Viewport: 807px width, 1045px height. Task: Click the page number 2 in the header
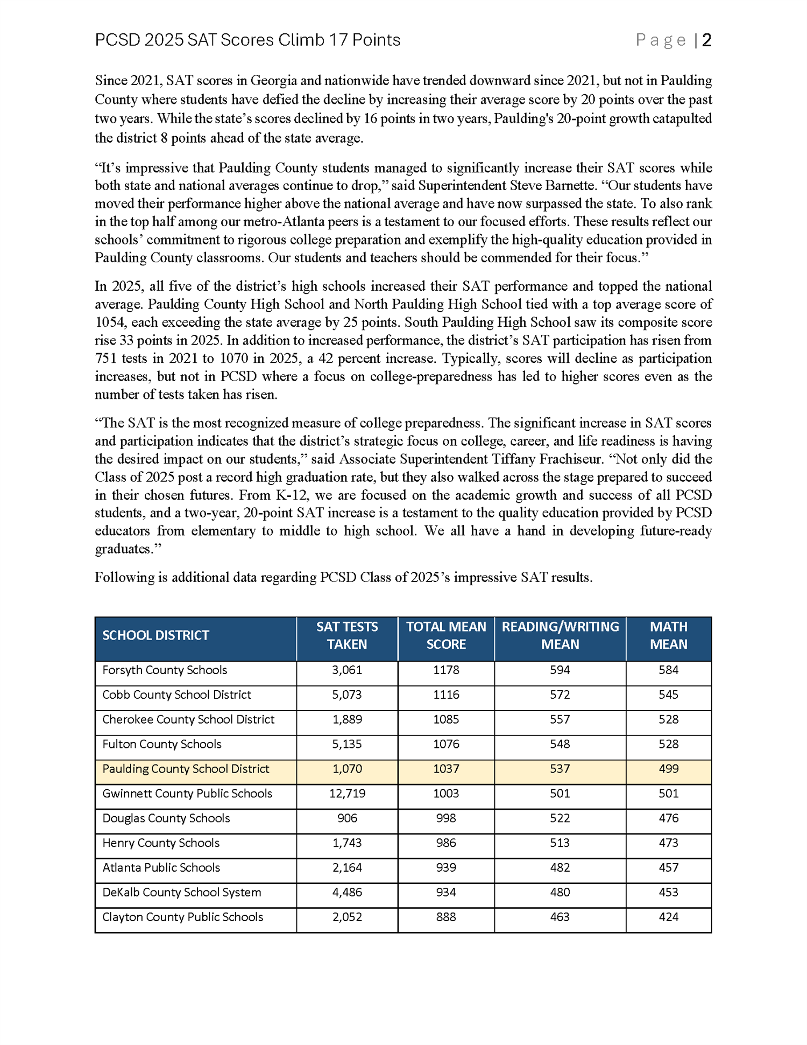[706, 40]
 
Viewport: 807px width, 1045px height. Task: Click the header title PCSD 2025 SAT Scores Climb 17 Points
[247, 40]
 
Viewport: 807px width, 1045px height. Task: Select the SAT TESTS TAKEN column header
[347, 635]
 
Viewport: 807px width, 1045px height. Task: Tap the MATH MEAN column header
[668, 635]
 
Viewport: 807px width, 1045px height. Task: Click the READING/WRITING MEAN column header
[560, 635]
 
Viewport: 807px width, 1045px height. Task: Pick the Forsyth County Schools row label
[165, 670]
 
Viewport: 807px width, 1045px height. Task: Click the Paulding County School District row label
[186, 769]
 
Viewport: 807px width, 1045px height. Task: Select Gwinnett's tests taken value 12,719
[347, 794]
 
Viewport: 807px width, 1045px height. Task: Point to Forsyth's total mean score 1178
[446, 670]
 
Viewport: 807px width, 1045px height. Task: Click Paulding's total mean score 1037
[446, 769]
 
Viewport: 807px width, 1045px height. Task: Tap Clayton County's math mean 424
[668, 917]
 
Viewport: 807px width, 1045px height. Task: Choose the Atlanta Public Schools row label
[161, 868]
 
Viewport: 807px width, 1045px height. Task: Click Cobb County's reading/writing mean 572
[560, 695]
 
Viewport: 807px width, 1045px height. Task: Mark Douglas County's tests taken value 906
[347, 818]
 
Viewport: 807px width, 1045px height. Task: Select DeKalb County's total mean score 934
[446, 893]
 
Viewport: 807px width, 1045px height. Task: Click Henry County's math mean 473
[668, 843]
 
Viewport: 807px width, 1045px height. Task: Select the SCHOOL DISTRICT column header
[155, 635]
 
